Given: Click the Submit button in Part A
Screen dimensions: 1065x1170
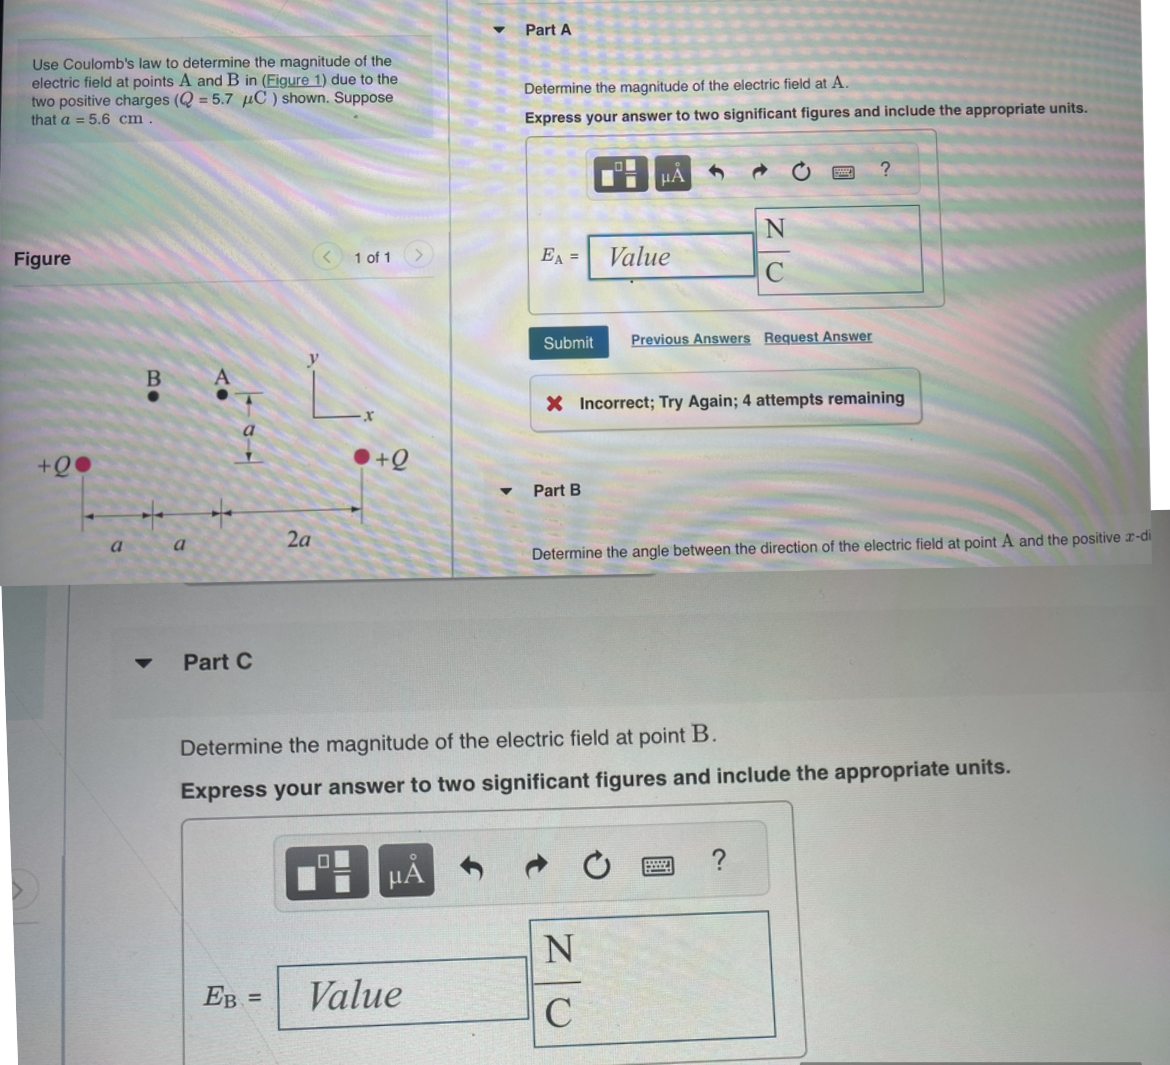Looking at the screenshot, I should pos(568,343).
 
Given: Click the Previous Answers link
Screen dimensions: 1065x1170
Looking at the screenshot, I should pos(690,339).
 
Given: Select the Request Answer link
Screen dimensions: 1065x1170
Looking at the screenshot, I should pos(817,337).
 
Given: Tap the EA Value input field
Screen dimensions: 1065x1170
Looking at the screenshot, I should pos(670,257).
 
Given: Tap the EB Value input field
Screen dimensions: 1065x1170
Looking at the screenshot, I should pos(402,994).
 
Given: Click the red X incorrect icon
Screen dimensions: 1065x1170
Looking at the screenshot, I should pos(554,403).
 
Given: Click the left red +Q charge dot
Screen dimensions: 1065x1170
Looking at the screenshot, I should pos(84,464).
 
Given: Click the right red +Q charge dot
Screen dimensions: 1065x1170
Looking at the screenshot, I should pos(362,457).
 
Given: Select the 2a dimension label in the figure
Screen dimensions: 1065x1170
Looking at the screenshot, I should pos(298,540).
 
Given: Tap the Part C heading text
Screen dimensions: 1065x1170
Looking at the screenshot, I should pos(217,662).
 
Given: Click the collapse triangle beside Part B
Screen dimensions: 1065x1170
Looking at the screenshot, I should pos(506,491).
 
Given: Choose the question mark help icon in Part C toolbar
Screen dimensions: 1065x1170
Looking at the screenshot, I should pos(717,860).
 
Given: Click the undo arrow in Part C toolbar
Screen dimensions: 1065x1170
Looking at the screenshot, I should pos(471,868).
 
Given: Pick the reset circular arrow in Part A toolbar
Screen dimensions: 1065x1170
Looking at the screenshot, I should pos(801,172).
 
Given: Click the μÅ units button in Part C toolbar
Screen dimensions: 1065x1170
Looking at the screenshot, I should pos(405,873).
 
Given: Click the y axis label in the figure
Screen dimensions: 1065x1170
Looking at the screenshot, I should pos(313,358).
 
